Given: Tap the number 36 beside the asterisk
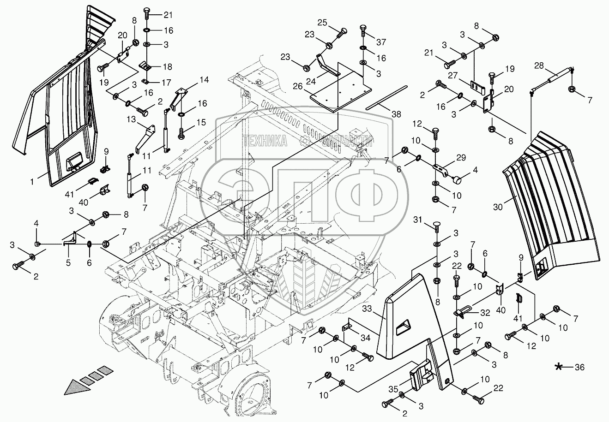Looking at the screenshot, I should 579,368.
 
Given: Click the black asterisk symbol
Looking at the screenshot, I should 559,367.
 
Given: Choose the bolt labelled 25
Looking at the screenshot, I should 342,33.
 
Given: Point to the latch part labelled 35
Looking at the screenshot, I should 423,378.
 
